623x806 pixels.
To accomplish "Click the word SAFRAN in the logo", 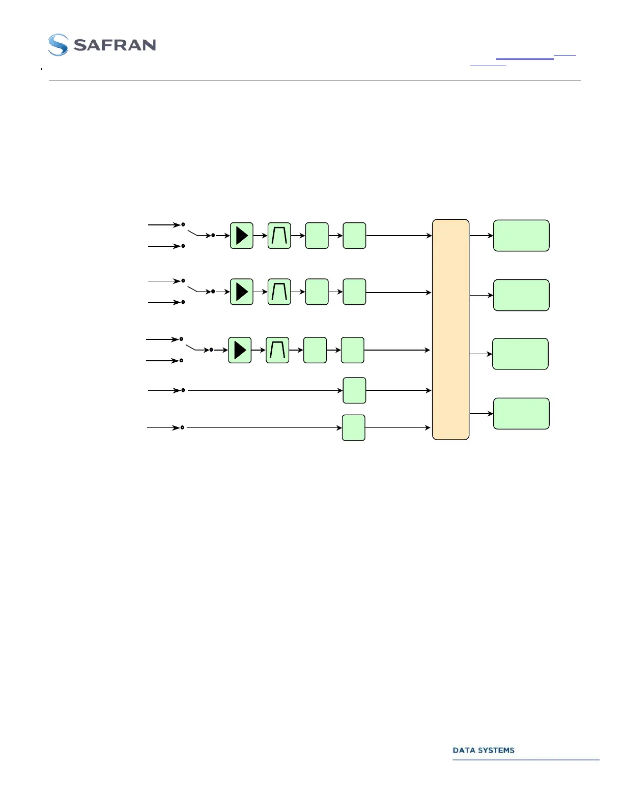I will point(115,45).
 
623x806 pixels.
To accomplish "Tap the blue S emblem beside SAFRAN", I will point(58,45).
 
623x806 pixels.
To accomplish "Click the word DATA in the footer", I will point(463,750).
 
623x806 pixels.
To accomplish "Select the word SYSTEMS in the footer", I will point(495,750).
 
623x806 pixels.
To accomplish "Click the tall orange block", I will point(450,329).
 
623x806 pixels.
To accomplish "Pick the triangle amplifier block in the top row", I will point(242,236).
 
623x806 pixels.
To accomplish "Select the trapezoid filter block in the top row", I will point(279,236).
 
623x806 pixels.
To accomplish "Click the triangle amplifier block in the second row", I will point(242,292).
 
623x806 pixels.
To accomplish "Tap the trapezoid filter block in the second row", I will point(279,292).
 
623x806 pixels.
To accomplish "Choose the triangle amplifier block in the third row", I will point(240,350).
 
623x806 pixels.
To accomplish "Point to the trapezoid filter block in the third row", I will point(277,350).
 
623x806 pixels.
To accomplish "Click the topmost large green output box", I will point(521,236).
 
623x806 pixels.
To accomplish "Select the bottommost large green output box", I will point(521,414).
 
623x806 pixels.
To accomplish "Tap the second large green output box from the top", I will point(521,295).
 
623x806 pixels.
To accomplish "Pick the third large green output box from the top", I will point(520,354).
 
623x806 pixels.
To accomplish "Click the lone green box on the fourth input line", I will point(354,390).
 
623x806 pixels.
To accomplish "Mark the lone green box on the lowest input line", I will point(354,427).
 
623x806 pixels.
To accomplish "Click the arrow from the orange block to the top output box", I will point(481,236).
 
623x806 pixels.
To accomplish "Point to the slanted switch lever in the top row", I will point(192,233).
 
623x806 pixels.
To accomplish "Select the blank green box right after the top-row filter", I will point(317,236).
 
